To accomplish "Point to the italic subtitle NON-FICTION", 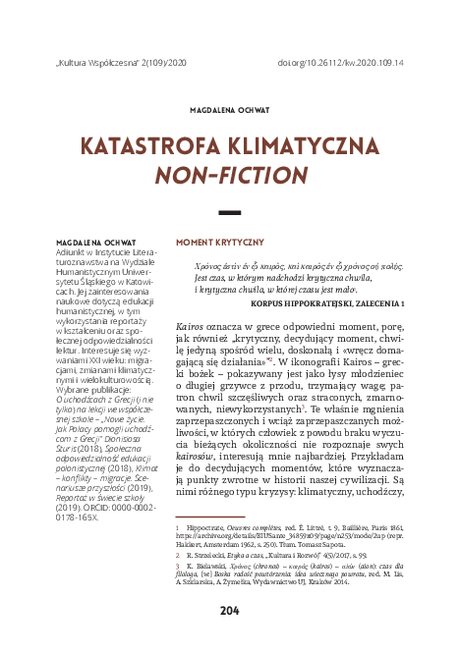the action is tap(229, 177).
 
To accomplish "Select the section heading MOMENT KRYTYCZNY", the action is tap(219, 242).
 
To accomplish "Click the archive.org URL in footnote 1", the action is tap(265, 536).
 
